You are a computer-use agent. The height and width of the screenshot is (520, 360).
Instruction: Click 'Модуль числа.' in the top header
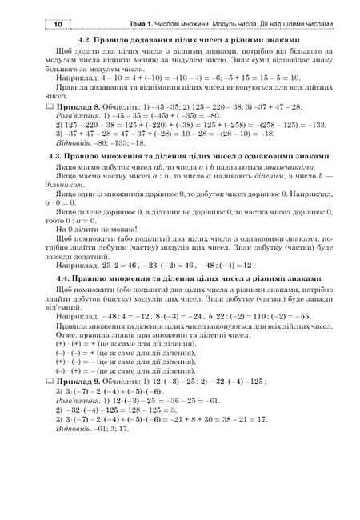(x=226, y=26)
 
